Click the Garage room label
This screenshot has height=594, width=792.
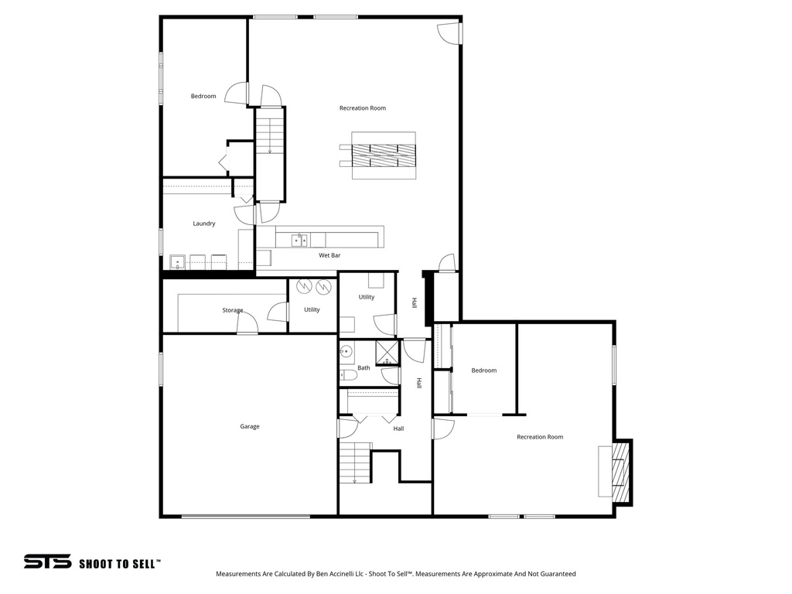249,426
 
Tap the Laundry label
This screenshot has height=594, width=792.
204,224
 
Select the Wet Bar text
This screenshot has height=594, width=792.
329,254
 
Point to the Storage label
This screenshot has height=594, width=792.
233,310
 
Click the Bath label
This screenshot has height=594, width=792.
364,368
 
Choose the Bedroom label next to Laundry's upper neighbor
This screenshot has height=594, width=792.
203,96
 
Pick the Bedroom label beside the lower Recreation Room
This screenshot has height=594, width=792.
484,370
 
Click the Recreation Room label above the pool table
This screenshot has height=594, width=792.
362,108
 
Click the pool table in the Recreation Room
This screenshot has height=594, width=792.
384,155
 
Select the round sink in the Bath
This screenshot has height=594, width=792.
347,352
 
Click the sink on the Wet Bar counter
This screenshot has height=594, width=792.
299,241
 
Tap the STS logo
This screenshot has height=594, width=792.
47,562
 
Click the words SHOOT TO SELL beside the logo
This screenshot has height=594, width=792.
120,564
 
